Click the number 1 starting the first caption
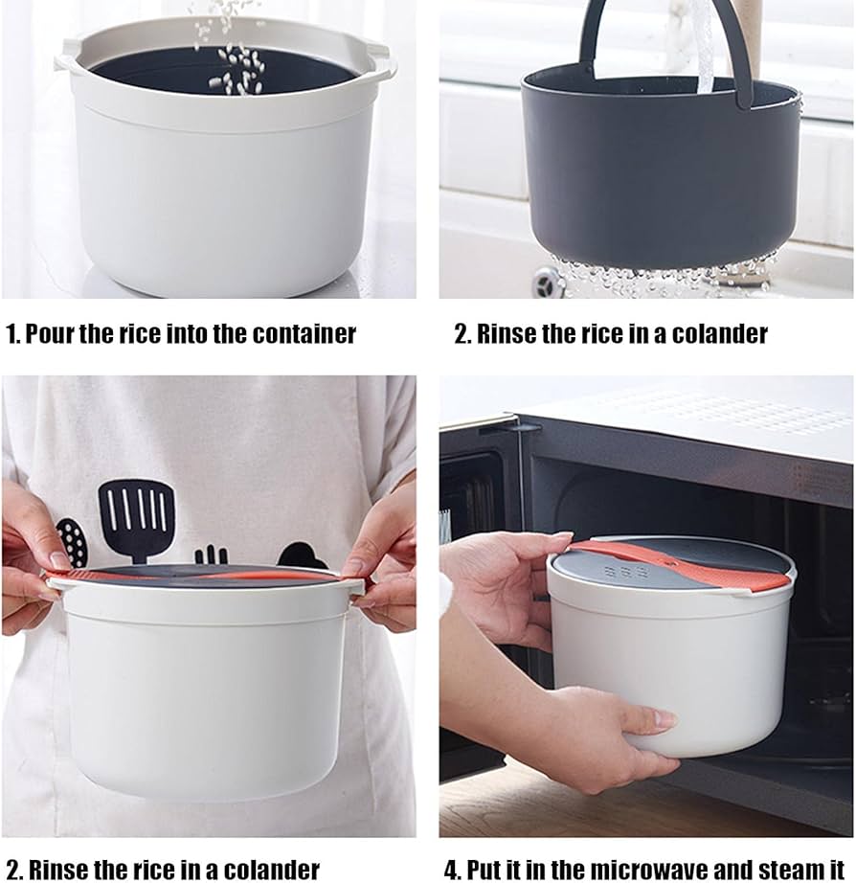[11, 334]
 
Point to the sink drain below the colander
[549, 283]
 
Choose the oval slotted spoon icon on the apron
[72, 542]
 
